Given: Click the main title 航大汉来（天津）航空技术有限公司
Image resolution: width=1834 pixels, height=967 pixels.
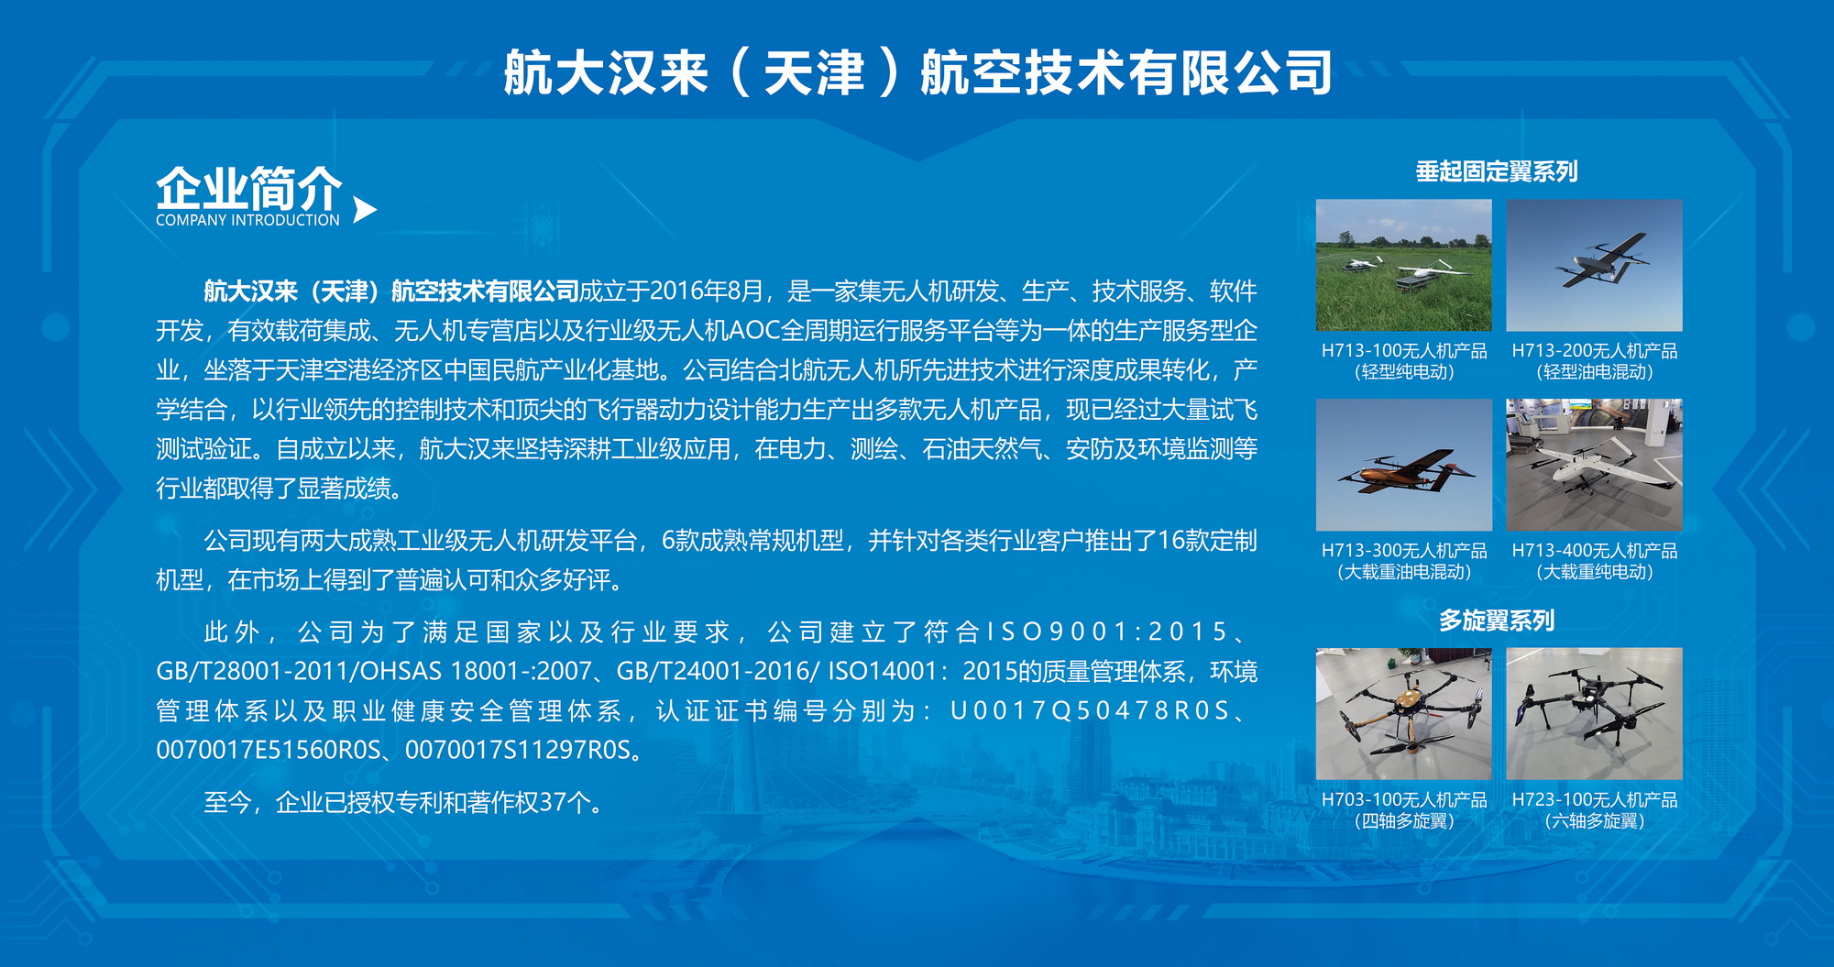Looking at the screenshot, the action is point(917,72).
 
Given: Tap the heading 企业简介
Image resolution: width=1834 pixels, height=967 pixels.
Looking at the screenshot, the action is point(249,189).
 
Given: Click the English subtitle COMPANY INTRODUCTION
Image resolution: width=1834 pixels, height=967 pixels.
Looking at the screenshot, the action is point(247,220).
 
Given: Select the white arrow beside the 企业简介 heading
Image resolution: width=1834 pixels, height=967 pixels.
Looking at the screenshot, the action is point(364,210).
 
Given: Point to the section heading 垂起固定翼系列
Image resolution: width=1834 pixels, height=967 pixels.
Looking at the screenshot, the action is point(1497,171).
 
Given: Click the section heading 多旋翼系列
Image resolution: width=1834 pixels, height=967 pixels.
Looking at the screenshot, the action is point(1497,621).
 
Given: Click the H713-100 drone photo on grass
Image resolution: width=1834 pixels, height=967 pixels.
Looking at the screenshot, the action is point(1404,265).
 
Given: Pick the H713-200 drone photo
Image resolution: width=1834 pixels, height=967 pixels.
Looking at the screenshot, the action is point(1595,265).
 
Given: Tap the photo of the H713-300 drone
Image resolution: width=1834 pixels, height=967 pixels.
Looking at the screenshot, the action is point(1404,465).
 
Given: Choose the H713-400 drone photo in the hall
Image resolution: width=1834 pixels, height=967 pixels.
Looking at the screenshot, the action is point(1595,465).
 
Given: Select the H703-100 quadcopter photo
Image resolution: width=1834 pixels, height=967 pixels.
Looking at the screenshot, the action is point(1404,714).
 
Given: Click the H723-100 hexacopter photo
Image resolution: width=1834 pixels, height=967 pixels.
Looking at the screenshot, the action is point(1595,714).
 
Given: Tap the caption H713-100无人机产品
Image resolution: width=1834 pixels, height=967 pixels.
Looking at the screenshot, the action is point(1404,351).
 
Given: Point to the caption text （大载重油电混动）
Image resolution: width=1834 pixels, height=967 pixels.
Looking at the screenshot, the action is point(1404,572).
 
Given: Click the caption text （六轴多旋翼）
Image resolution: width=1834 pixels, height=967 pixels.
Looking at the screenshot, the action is point(1595,821).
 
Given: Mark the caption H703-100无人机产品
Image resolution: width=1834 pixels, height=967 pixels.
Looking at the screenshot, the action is point(1404,800).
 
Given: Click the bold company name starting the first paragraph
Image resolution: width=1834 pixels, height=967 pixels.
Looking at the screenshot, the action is point(391,291).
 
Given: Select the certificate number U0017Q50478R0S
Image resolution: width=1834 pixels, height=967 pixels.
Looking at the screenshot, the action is point(1089,711).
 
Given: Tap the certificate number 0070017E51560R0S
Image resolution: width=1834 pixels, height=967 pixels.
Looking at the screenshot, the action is point(268,750).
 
